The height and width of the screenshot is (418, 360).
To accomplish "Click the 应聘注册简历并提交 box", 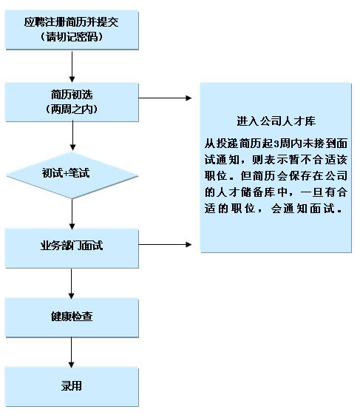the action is click(x=72, y=30).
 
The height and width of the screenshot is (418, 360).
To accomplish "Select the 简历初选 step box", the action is click(x=72, y=102).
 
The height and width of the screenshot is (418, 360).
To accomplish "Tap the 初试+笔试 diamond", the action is click(x=72, y=175).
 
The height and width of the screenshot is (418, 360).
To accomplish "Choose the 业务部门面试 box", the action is click(x=72, y=248).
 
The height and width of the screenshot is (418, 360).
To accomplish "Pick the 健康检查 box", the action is click(x=72, y=317).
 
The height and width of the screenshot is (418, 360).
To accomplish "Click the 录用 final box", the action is click(x=72, y=386).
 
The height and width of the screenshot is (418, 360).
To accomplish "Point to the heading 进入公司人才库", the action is click(x=276, y=121).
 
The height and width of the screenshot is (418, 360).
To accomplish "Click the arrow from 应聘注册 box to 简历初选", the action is click(x=72, y=67).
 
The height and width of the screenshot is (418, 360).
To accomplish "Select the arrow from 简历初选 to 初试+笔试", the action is click(x=72, y=135).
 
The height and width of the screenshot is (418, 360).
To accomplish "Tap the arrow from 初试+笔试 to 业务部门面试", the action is click(x=72, y=214).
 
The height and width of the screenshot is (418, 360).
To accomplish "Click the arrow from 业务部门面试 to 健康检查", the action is click(x=72, y=283).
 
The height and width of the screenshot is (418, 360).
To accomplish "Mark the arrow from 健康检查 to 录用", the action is click(x=72, y=352).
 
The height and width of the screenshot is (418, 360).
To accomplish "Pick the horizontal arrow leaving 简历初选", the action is click(x=165, y=98).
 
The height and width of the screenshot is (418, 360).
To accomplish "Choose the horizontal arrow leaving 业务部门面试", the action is click(x=165, y=244).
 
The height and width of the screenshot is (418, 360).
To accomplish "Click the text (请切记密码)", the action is click(x=72, y=37).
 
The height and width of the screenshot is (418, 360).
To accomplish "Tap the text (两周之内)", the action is click(x=72, y=109).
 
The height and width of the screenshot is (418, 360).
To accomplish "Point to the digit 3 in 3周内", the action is click(x=276, y=144).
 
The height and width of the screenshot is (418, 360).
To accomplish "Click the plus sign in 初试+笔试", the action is click(x=66, y=173).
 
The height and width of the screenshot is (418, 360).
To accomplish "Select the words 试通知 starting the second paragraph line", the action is click(x=222, y=160).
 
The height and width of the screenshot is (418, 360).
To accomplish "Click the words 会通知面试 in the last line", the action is click(x=303, y=208).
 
